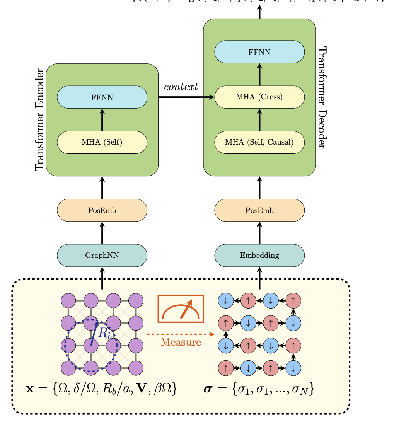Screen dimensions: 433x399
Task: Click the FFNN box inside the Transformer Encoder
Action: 102,97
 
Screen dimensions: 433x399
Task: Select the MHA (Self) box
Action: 102,142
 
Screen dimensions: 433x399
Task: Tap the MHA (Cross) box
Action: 259,97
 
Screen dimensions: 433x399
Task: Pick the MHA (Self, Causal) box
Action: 259,142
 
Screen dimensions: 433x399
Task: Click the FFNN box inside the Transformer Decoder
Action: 259,52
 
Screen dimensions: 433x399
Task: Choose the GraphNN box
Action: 102,256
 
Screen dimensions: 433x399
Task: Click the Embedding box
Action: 259,256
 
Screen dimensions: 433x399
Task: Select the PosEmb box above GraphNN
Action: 102,210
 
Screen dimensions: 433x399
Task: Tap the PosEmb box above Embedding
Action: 259,210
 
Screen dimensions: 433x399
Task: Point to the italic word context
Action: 181,87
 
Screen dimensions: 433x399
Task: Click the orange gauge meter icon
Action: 181,309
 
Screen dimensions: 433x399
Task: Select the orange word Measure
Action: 181,342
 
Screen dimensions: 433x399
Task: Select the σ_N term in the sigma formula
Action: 297,390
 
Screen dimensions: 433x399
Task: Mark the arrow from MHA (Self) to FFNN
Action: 102,120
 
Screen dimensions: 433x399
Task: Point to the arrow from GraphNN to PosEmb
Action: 102,233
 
